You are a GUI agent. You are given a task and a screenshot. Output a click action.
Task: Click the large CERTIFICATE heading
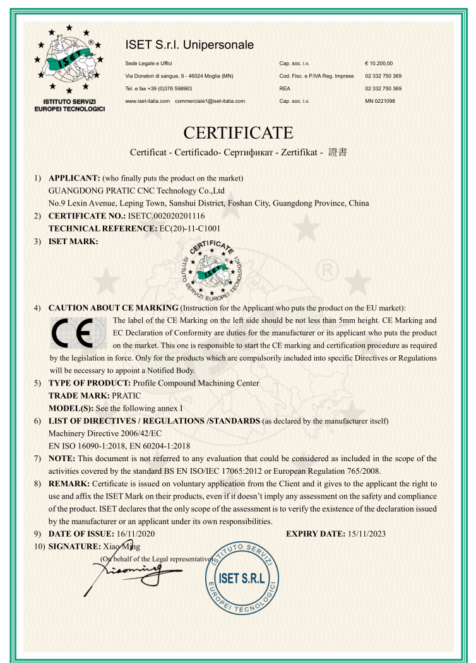238,133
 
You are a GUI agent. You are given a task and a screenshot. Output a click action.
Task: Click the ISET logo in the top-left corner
69,63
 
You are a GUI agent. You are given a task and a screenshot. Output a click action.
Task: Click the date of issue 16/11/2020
136,534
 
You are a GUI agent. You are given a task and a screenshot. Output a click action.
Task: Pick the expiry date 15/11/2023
367,534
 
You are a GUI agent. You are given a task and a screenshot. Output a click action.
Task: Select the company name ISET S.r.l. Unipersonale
189,45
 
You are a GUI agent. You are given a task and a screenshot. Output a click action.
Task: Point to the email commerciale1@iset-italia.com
210,101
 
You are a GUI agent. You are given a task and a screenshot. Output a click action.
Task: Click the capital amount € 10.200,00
379,64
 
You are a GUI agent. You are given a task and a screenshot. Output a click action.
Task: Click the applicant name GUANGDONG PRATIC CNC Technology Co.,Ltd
137,191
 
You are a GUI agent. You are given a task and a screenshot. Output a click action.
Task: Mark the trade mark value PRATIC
126,396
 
